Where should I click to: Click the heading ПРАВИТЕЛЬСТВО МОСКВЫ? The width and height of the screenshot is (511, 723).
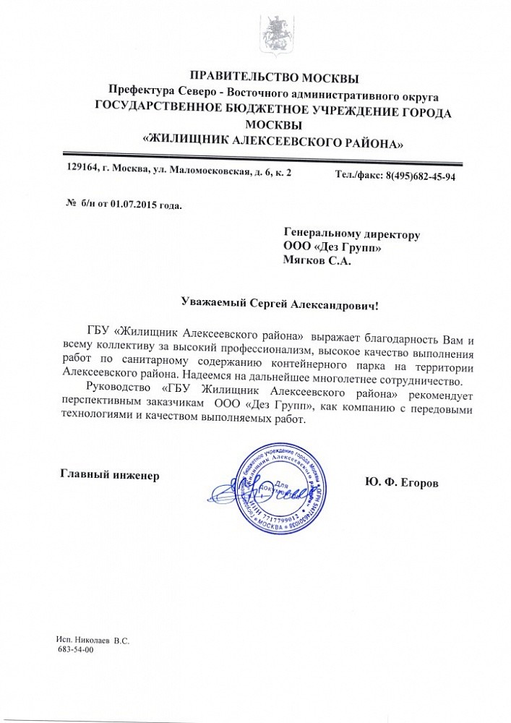[273, 77]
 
